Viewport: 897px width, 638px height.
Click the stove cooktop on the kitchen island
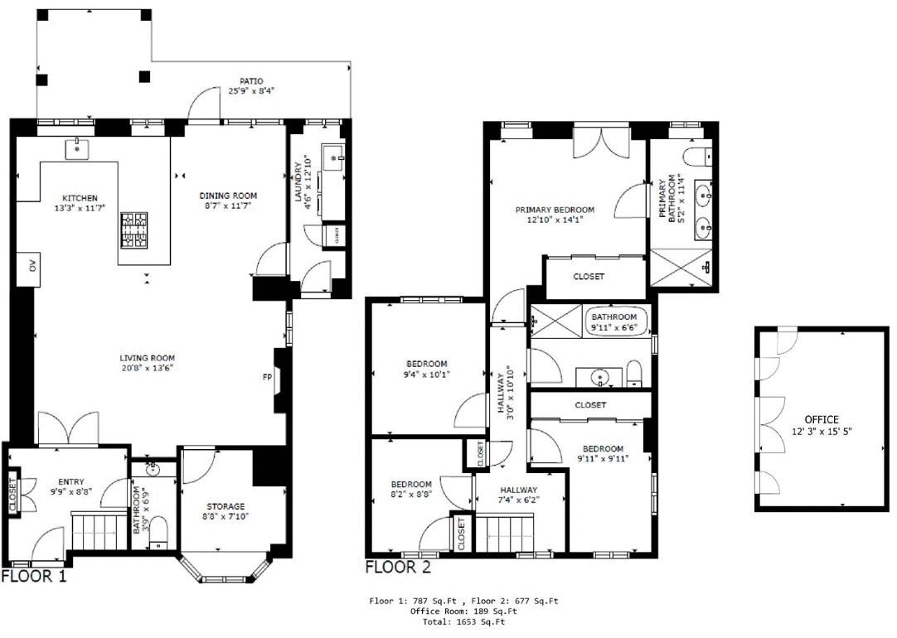[x=133, y=230]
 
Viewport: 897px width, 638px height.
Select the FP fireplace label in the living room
[x=267, y=377]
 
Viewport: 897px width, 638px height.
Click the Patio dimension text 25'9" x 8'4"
[x=252, y=90]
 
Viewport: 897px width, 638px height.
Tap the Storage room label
[x=225, y=506]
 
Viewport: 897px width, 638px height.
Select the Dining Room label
[x=228, y=196]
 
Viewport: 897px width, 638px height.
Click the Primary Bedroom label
[x=555, y=210]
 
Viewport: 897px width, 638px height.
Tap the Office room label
[x=822, y=419]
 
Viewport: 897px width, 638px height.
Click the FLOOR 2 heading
[x=398, y=567]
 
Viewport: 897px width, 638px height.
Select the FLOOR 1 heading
[x=34, y=576]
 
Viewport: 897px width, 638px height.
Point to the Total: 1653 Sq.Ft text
[x=463, y=621]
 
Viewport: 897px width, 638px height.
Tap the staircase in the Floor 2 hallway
[x=505, y=534]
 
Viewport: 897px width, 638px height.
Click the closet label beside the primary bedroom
[x=589, y=277]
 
